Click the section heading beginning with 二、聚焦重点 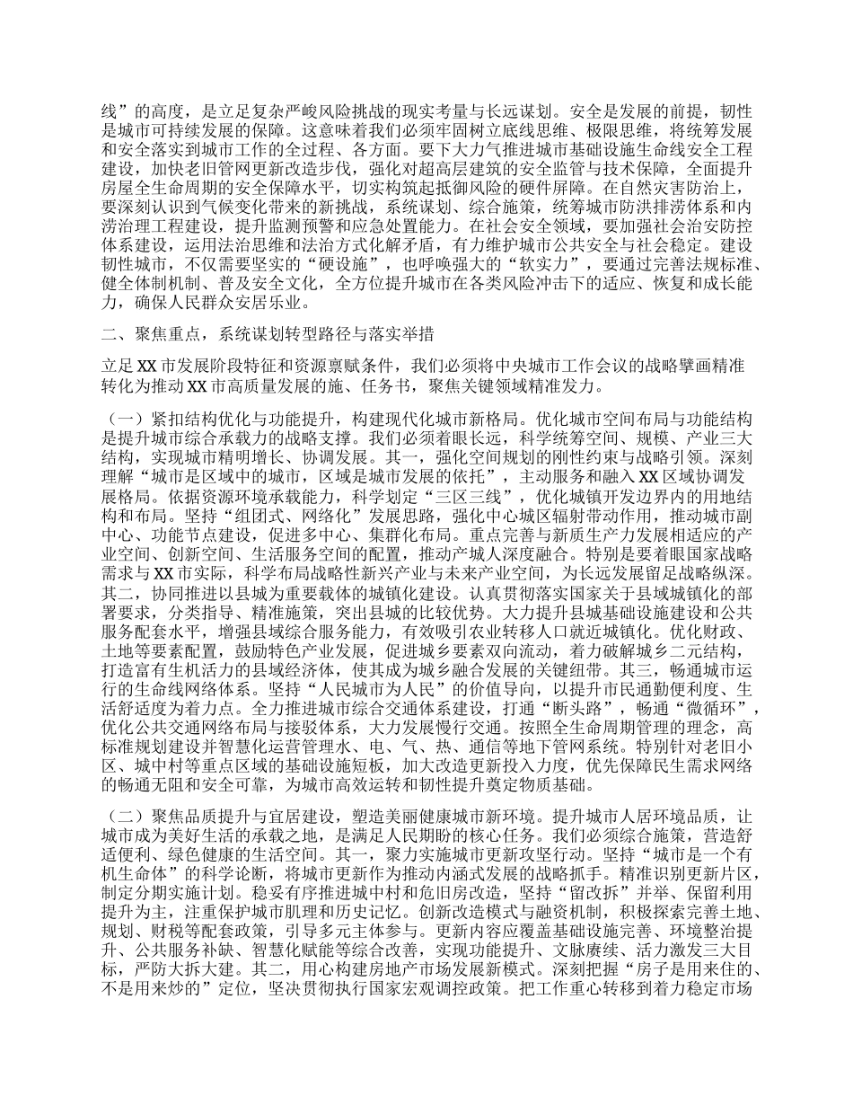coord(269,335)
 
